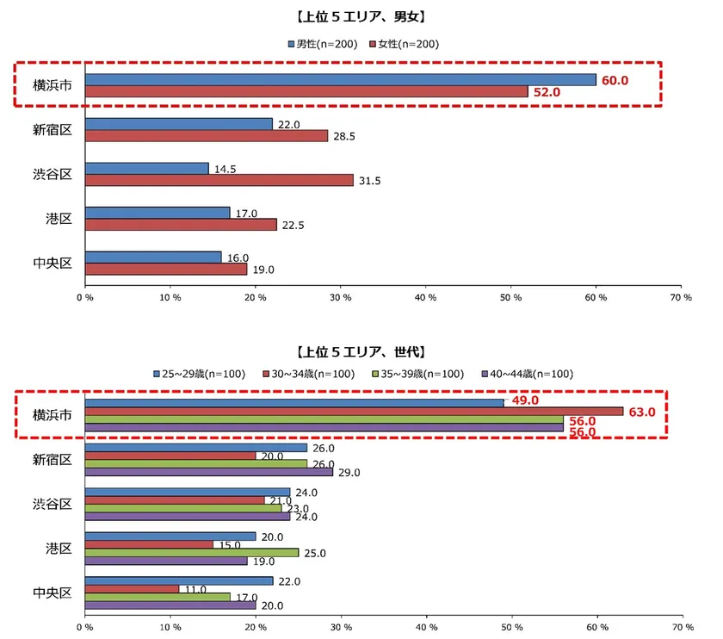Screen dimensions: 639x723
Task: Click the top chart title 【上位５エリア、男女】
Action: click(x=361, y=16)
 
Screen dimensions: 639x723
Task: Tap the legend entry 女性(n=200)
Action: click(x=404, y=44)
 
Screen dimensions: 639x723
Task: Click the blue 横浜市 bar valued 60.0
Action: click(x=341, y=79)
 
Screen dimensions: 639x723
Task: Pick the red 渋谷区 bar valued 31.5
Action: click(x=219, y=180)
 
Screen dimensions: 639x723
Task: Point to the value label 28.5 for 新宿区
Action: click(x=344, y=136)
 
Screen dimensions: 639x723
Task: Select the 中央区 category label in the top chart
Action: click(x=53, y=263)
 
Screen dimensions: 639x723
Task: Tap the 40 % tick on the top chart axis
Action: click(x=425, y=297)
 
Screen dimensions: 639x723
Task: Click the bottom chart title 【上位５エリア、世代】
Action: click(x=361, y=352)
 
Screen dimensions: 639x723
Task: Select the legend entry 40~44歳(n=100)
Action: click(x=528, y=374)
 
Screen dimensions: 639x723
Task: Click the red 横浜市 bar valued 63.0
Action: click(x=354, y=411)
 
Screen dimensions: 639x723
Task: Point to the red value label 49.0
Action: click(x=525, y=400)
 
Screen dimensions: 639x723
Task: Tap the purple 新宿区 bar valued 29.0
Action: click(x=208, y=472)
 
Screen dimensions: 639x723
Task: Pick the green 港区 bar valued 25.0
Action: click(x=191, y=552)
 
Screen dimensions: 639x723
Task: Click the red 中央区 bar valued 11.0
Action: click(x=132, y=588)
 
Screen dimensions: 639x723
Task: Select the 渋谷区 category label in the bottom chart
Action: click(x=53, y=504)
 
